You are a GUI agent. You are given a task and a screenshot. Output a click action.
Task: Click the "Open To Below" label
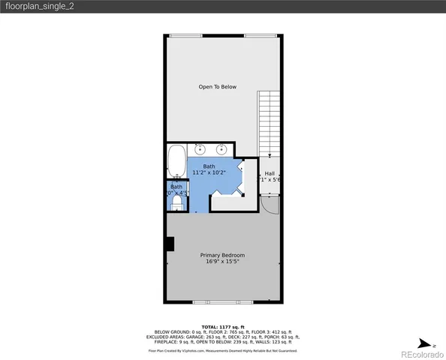(x=217, y=87)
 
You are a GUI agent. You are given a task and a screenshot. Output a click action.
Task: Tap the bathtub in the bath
(x=176, y=160)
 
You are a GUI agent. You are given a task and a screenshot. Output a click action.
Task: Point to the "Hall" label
(x=270, y=173)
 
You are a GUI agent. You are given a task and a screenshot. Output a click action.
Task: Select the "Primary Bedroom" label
(x=222, y=256)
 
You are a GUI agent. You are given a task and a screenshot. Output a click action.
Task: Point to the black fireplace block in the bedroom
(x=170, y=243)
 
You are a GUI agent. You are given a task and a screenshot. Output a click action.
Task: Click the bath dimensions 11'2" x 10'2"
(x=209, y=173)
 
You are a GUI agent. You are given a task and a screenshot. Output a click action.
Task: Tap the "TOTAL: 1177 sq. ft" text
(x=222, y=327)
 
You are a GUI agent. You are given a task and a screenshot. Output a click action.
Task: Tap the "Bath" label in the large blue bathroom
(x=209, y=166)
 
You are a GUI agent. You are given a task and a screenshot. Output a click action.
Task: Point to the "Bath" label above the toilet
(x=176, y=186)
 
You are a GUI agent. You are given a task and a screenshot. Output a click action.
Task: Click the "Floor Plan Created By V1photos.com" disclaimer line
(x=222, y=350)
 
